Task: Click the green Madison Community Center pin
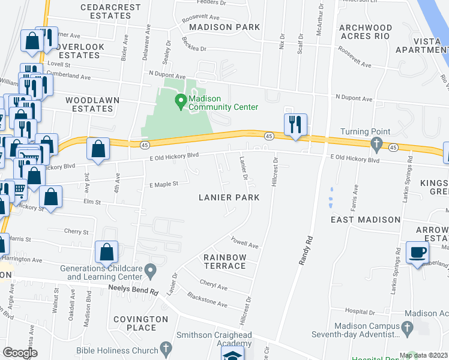[x=179, y=101]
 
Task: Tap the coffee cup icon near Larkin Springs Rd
[x=417, y=253]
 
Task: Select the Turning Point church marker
[x=376, y=143]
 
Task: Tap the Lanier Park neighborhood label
[x=230, y=197]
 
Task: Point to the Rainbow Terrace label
[x=224, y=262]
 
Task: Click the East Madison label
[x=366, y=220]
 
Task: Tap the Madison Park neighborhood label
[x=224, y=27]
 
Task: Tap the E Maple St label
[x=164, y=185]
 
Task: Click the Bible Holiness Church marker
[x=166, y=350]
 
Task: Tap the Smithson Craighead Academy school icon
[x=232, y=355]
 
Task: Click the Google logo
[x=20, y=353]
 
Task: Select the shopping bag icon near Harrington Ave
[x=107, y=253]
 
